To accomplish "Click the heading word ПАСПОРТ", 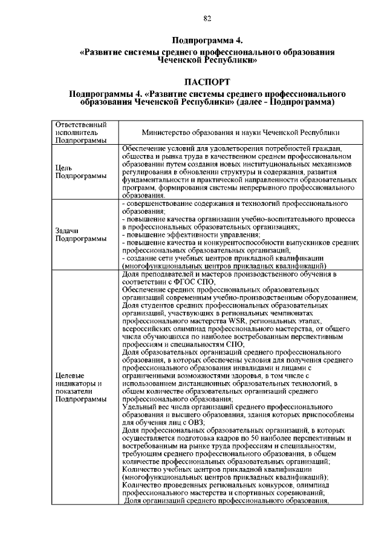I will click(207, 82).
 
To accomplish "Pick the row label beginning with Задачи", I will click(66, 231).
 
